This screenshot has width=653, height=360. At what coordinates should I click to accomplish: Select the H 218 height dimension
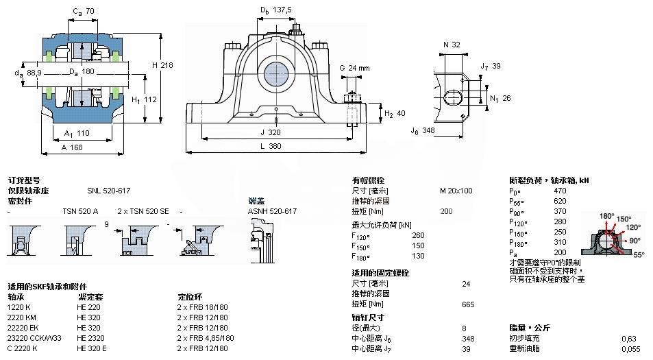[x=162, y=64]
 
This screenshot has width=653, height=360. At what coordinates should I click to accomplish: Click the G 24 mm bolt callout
[x=354, y=68]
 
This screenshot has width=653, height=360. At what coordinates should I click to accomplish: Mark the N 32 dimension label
[x=451, y=45]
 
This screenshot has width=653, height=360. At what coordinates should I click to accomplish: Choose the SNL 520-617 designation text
[x=108, y=191]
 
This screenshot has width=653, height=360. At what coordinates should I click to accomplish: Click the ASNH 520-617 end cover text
[x=272, y=211]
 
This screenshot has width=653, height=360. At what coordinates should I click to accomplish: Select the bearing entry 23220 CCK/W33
[x=34, y=338]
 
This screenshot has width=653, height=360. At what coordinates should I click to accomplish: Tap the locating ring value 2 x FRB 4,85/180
[x=206, y=338]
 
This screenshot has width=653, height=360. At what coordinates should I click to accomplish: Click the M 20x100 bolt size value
[x=456, y=191]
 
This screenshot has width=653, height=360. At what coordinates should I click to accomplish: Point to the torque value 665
[x=469, y=304]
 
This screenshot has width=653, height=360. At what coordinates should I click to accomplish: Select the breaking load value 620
[x=560, y=201]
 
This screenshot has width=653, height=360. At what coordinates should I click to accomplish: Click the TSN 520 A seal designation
[x=80, y=211]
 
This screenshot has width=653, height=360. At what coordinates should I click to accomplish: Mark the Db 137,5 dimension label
[x=275, y=10]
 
